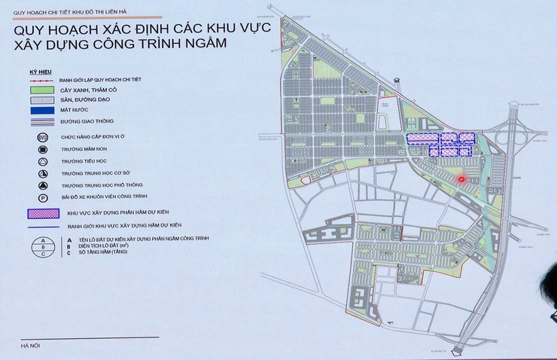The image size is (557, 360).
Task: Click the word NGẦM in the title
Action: pyautogui.click(x=204, y=44)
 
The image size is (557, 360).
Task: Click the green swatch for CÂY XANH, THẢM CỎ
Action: pyautogui.click(x=43, y=89)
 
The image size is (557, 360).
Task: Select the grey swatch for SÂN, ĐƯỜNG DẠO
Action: pyautogui.click(x=43, y=99)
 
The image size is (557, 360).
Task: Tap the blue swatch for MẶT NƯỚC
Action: pyautogui.click(x=43, y=110)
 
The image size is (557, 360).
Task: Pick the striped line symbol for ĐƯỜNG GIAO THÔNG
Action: pyautogui.click(x=43, y=121)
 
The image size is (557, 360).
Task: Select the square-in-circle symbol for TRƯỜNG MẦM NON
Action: pyautogui.click(x=43, y=149)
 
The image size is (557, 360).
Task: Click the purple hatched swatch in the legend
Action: pyautogui.click(x=43, y=213)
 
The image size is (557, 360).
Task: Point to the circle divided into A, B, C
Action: pyautogui.click(x=43, y=246)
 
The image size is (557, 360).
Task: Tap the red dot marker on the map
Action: pyautogui.click(x=462, y=178)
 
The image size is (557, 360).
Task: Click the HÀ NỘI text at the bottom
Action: pyautogui.click(x=31, y=346)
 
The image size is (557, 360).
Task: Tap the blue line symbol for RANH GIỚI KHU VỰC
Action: pyautogui.click(x=43, y=225)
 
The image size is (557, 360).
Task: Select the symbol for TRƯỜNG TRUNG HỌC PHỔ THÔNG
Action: pyautogui.click(x=43, y=185)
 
